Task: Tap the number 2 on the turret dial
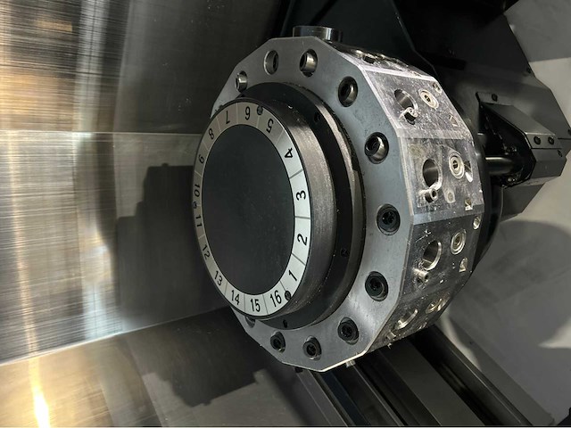click(x=302, y=239)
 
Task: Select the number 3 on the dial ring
click(x=302, y=194)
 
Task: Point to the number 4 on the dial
click(x=289, y=152)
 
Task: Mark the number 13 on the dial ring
click(x=219, y=278)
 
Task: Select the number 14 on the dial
click(x=236, y=296)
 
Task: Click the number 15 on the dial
click(x=255, y=304)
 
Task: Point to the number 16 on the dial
click(x=277, y=296)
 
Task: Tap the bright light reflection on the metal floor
click(x=40, y=406)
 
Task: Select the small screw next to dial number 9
click(x=258, y=111)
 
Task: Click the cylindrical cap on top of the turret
click(x=313, y=33)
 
